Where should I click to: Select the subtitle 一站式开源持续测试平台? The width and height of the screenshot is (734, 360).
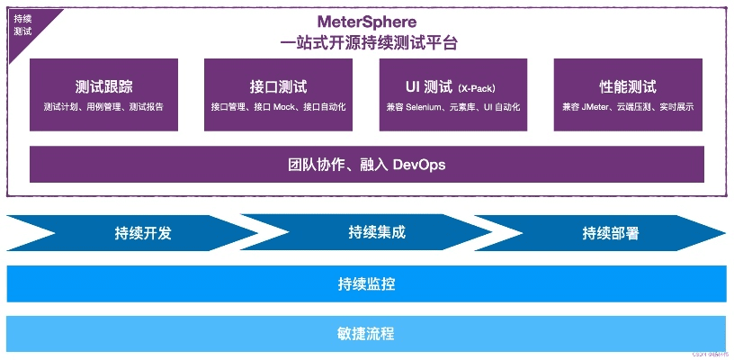tap(366, 42)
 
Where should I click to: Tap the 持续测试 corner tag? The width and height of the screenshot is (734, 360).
tap(22, 24)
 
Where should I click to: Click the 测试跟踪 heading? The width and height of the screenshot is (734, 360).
tap(103, 87)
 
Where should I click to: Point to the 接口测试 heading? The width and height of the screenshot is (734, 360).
tap(278, 87)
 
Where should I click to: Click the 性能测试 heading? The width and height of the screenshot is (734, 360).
tap(628, 87)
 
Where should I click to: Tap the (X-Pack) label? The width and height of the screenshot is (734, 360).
tap(477, 89)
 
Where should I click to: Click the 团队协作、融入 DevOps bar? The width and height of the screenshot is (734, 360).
tap(366, 165)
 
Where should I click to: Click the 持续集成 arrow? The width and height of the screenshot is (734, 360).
tap(377, 232)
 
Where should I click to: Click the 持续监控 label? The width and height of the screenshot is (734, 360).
tap(366, 284)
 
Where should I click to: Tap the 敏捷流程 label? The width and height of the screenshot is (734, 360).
tap(366, 333)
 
